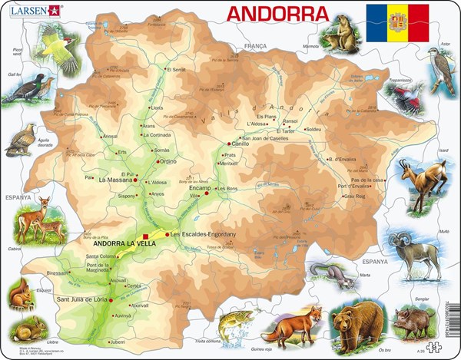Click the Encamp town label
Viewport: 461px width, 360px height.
point(199,187)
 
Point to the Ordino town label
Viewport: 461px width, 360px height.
point(168,161)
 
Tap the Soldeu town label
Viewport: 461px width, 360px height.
point(313,130)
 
